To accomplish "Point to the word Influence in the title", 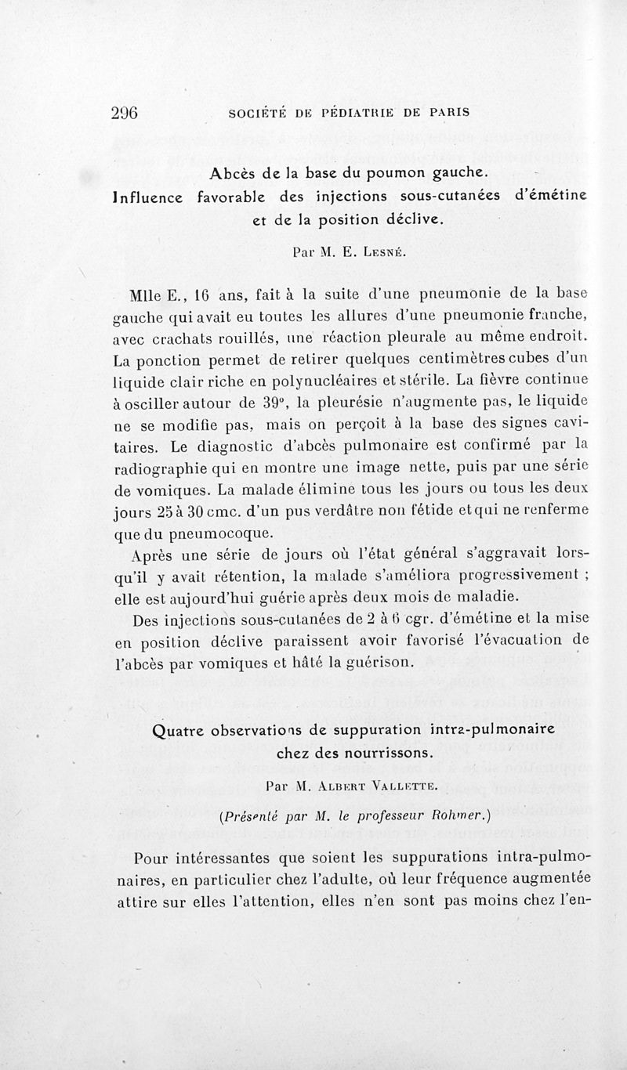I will point(149,195).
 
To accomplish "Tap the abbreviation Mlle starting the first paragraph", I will point(147,295).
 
